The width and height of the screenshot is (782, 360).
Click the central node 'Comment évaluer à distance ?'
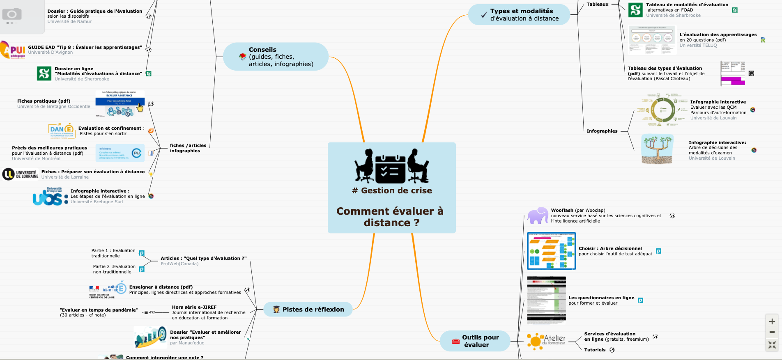pyautogui.click(x=390, y=216)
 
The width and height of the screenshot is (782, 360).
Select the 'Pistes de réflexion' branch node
pyautogui.click(x=313, y=310)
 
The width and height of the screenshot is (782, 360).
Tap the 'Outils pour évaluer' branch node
pyautogui.click(x=480, y=341)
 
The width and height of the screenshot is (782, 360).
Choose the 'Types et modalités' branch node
pyautogui.click(x=521, y=15)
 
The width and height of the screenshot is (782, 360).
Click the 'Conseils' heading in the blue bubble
pyautogui.click(x=262, y=50)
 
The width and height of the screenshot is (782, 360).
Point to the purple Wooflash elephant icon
pyautogui.click(x=538, y=216)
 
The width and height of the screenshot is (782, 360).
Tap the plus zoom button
pyautogui.click(x=772, y=321)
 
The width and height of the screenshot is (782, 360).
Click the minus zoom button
pyautogui.click(x=772, y=332)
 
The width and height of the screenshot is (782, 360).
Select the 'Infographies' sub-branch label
pyautogui.click(x=602, y=131)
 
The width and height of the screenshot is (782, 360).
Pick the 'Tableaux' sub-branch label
pyautogui.click(x=597, y=4)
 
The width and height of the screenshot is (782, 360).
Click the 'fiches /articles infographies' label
pyautogui.click(x=188, y=148)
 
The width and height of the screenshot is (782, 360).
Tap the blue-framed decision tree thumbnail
pyautogui.click(x=551, y=251)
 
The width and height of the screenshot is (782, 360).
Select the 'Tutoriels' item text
pyautogui.click(x=595, y=350)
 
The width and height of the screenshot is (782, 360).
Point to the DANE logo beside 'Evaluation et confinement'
pyautogui.click(x=61, y=131)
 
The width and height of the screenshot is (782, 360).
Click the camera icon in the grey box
pyautogui.click(x=12, y=15)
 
